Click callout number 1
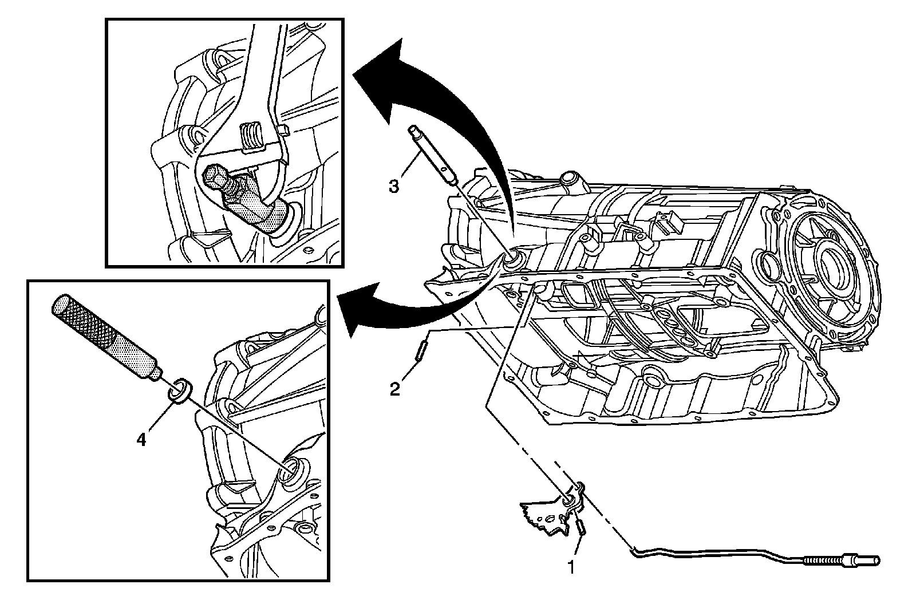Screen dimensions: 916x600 click(x=572, y=567)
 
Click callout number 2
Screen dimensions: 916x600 click(x=394, y=389)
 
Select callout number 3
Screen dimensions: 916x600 click(x=393, y=186)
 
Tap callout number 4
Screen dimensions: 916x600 click(x=141, y=440)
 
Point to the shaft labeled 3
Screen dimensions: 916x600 click(x=433, y=155)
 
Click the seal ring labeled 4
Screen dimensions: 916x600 click(x=180, y=390)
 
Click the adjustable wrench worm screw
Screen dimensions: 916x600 click(x=251, y=138)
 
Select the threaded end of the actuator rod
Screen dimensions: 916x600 click(x=822, y=559)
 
